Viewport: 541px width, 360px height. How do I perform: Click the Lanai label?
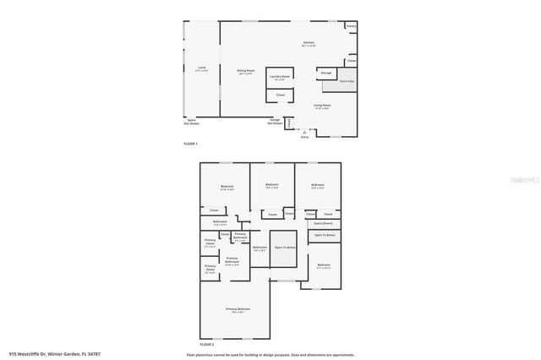pyautogui.click(x=202, y=68)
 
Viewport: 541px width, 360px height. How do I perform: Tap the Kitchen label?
pyautogui.click(x=309, y=44)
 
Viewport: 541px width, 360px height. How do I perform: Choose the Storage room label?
pyautogui.click(x=326, y=74)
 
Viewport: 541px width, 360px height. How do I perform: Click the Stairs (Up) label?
pyautogui.click(x=347, y=80)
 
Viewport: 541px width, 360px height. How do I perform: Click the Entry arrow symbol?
pyautogui.click(x=304, y=133)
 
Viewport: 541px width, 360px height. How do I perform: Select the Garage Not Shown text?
pyautogui.click(x=276, y=122)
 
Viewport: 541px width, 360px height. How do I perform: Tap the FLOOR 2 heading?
pyautogui.click(x=207, y=344)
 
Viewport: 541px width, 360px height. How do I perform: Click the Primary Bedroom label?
pyautogui.click(x=238, y=310)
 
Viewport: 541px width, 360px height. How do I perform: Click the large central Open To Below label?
pyautogui.click(x=285, y=247)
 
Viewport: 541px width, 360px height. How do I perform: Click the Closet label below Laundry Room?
pyautogui.click(x=281, y=95)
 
